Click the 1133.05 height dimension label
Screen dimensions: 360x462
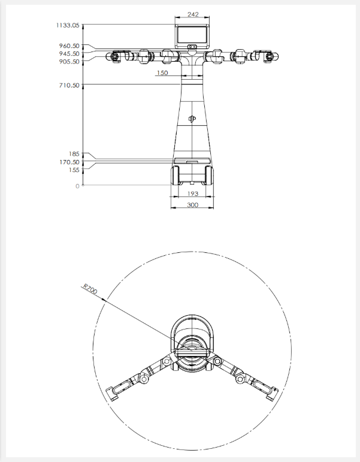point(68,25)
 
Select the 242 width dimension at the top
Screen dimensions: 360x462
point(193,14)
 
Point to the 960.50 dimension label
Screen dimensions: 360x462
point(69,46)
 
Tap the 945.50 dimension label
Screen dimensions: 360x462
point(69,53)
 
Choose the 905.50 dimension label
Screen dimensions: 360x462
point(69,61)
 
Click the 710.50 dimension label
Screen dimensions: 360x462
point(69,86)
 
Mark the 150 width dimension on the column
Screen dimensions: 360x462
point(162,73)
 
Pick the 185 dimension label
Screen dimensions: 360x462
point(74,154)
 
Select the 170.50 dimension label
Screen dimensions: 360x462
point(69,162)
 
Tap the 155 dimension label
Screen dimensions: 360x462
point(74,170)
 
